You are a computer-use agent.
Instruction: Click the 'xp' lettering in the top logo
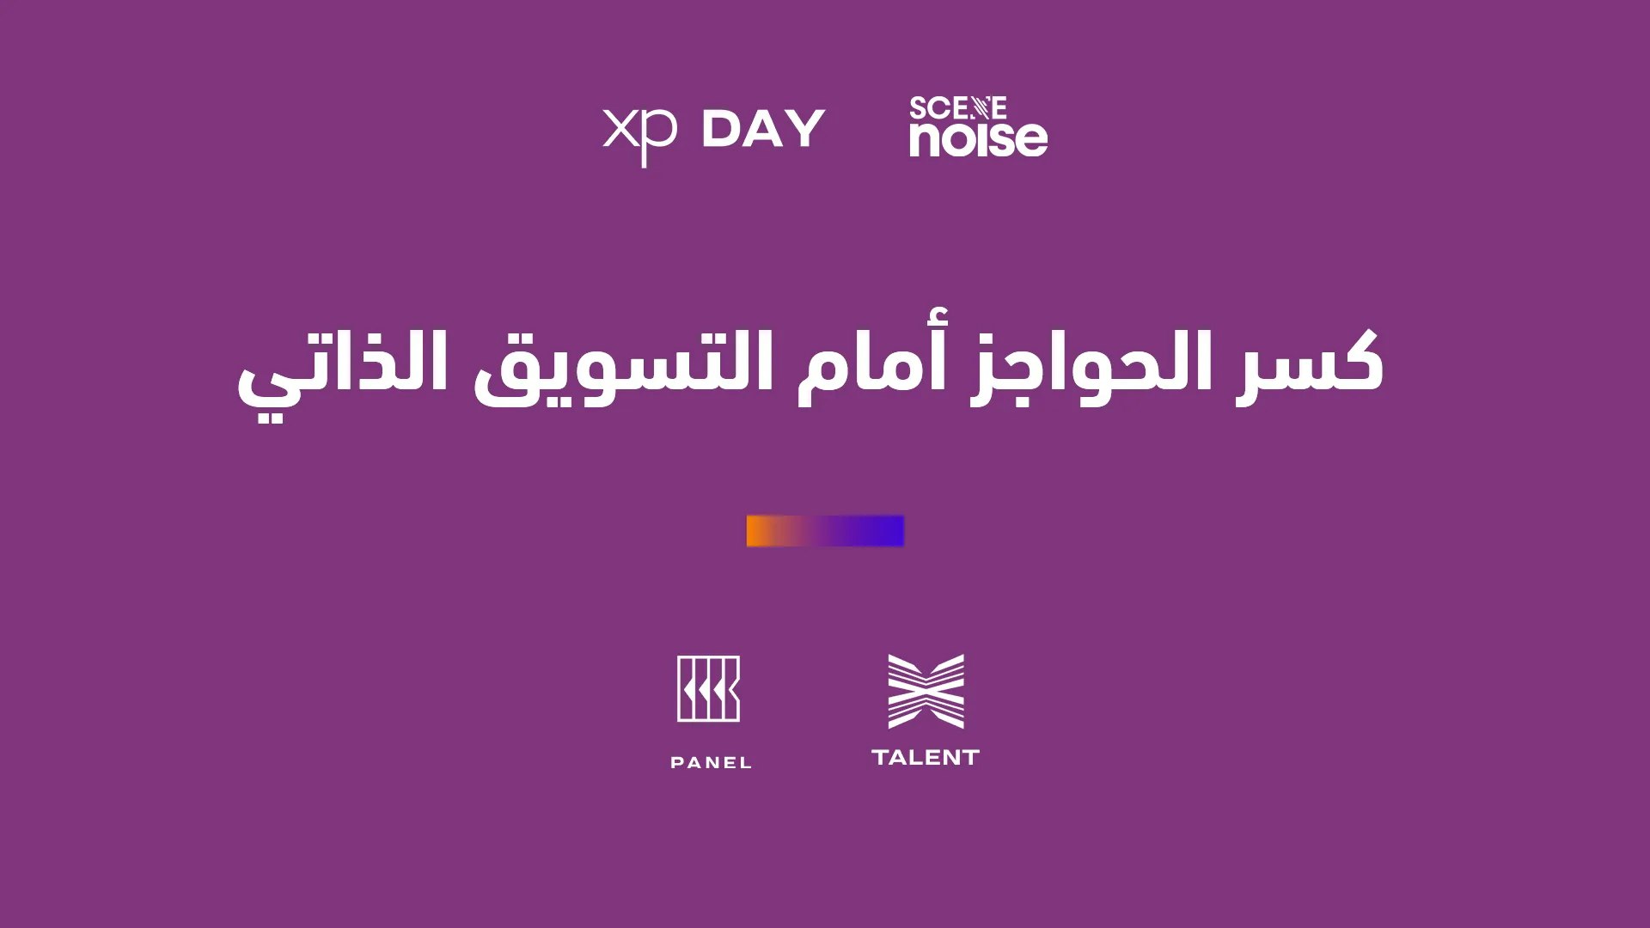point(639,136)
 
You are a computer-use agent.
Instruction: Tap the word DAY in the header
point(763,129)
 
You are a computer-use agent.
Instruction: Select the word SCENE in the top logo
point(957,108)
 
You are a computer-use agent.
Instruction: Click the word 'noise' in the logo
point(979,138)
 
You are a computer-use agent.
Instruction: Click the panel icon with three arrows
point(708,688)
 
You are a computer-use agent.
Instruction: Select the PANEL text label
point(711,762)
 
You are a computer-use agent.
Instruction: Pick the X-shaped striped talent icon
point(926,691)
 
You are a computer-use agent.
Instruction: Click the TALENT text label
point(926,757)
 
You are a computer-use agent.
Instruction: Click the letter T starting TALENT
point(881,757)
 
